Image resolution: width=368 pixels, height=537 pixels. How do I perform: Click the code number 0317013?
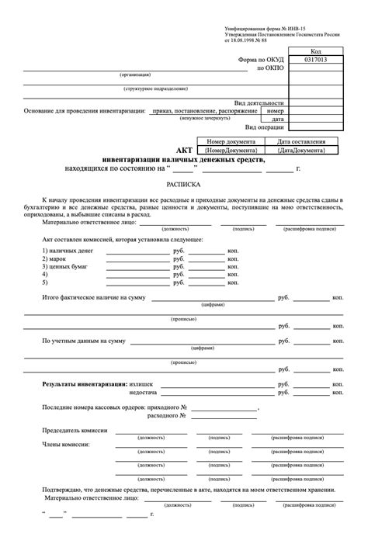(316, 59)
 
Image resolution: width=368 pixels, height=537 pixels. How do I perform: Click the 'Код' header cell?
(316, 50)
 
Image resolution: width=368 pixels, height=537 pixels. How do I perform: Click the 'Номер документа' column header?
(231, 142)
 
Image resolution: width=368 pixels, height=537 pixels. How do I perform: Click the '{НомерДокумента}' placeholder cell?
(231, 151)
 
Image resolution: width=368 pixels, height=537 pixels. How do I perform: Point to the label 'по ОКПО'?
(271, 68)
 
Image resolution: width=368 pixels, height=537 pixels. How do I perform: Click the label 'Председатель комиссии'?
(75, 429)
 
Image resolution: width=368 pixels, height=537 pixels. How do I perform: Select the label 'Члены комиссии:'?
(64, 445)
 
